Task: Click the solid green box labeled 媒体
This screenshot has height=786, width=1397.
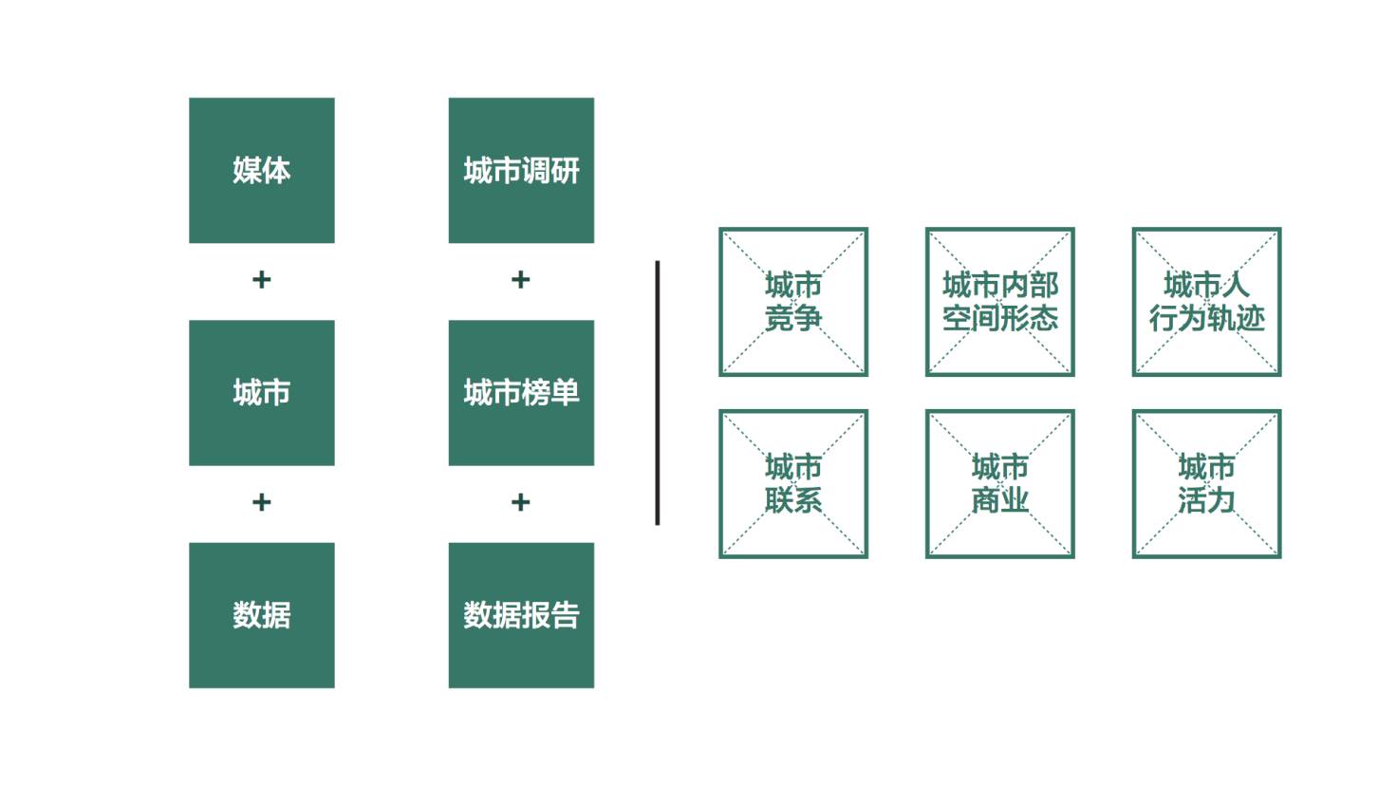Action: coord(262,170)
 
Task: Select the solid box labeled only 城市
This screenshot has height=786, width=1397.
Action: coord(262,393)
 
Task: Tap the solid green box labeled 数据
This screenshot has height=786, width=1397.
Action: coord(262,616)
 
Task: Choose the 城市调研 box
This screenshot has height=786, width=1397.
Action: coord(521,170)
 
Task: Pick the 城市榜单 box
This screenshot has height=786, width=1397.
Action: coord(521,393)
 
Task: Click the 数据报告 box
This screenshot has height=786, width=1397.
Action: coord(521,616)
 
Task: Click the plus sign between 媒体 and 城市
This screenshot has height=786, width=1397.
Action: coord(262,279)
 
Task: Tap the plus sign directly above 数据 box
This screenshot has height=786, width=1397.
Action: coord(262,502)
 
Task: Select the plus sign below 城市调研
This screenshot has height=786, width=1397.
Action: coord(521,279)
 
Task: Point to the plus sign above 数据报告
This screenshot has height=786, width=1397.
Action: coord(521,502)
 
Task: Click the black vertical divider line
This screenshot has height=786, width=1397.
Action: coord(658,393)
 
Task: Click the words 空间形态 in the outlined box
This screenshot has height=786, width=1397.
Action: coord(1000,319)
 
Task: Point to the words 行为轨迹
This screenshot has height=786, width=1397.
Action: coord(1207,319)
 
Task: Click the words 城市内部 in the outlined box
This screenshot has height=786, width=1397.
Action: coord(1000,286)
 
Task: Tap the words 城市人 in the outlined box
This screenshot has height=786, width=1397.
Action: coord(1207,286)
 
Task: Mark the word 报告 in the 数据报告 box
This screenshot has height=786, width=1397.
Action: coord(550,616)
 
